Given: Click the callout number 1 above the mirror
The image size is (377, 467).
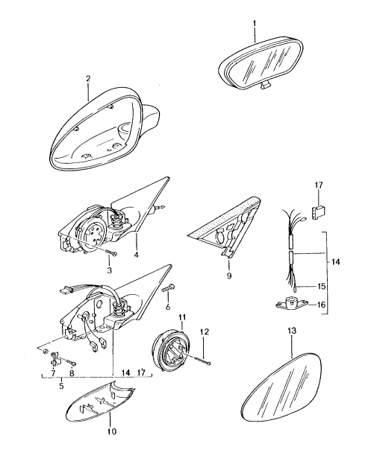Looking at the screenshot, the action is (x=255, y=23).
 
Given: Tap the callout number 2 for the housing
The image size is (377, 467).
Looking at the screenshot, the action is (x=88, y=79).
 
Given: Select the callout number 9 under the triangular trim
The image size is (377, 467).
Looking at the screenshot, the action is (x=229, y=276).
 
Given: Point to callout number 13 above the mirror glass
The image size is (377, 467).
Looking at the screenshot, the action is (x=292, y=330).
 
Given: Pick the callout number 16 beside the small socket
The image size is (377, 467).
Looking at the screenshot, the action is (x=321, y=305).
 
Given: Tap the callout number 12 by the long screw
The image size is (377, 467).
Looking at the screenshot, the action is (x=205, y=331).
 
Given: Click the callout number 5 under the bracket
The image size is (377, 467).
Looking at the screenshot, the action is (x=61, y=386).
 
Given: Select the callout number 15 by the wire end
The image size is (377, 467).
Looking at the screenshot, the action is (x=321, y=287).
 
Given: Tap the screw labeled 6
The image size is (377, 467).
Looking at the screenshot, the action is (x=169, y=287).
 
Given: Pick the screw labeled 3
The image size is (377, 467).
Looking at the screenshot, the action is (x=111, y=252).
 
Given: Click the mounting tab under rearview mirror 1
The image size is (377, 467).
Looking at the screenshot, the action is (x=265, y=86).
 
